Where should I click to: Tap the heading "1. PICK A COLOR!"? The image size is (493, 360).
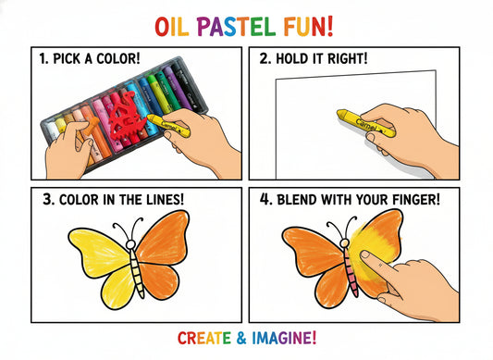coord(89,58)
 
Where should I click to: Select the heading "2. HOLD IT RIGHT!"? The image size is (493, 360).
coord(316,58)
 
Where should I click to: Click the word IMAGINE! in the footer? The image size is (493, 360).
coord(287,338)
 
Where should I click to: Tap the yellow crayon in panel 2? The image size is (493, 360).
coord(356,118)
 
